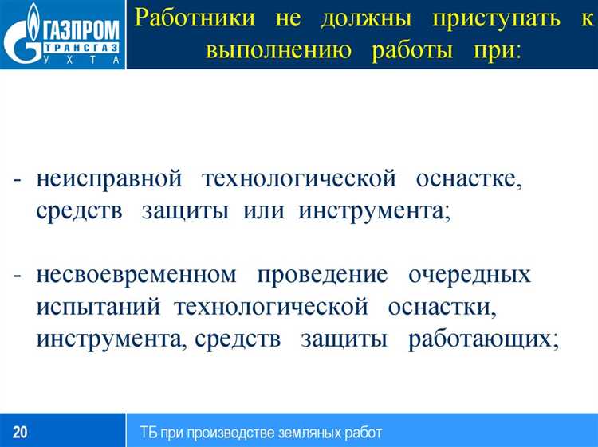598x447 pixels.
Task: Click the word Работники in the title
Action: pos(189,17)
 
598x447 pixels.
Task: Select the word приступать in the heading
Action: pos(482,17)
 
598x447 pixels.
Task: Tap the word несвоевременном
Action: pos(136,275)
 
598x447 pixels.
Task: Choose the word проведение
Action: pos(322,275)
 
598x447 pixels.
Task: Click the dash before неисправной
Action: pos(18,180)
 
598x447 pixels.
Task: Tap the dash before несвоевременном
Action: pos(18,276)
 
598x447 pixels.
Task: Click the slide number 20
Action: pos(20,433)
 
